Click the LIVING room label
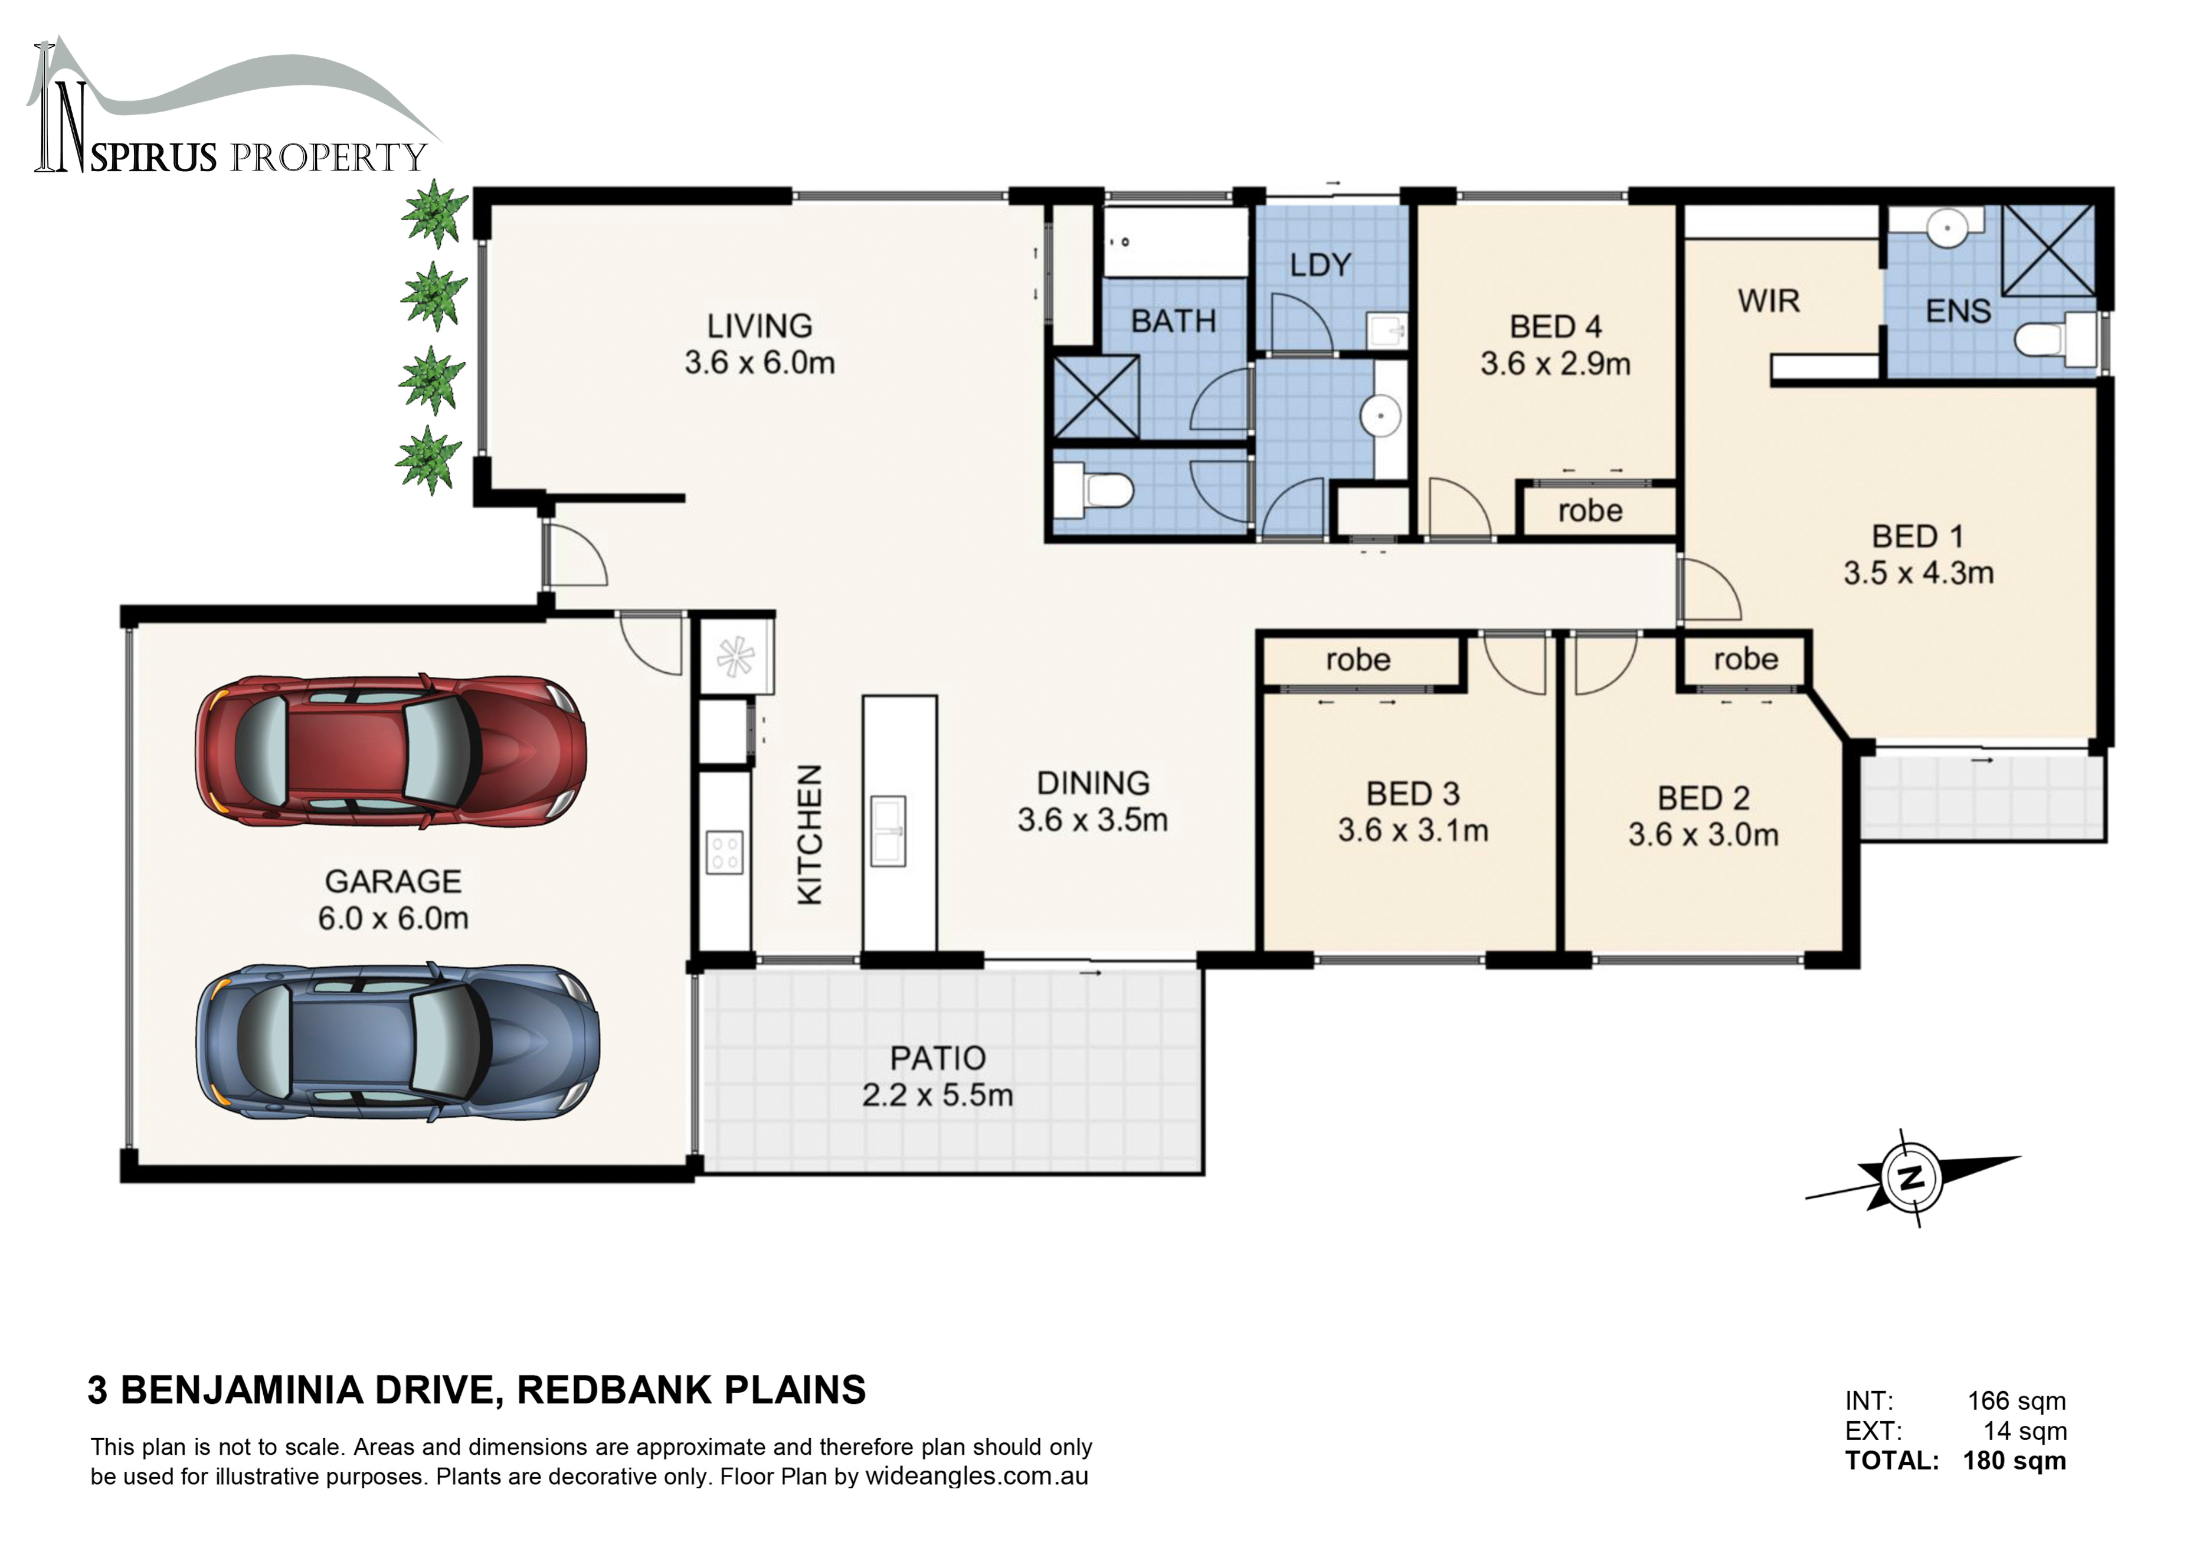(759, 326)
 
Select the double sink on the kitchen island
(888, 831)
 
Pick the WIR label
(1768, 301)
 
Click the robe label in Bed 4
(1590, 510)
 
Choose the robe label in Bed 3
(1358, 660)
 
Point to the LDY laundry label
(1320, 265)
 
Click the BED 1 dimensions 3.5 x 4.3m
(1918, 572)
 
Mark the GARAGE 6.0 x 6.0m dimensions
(394, 918)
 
